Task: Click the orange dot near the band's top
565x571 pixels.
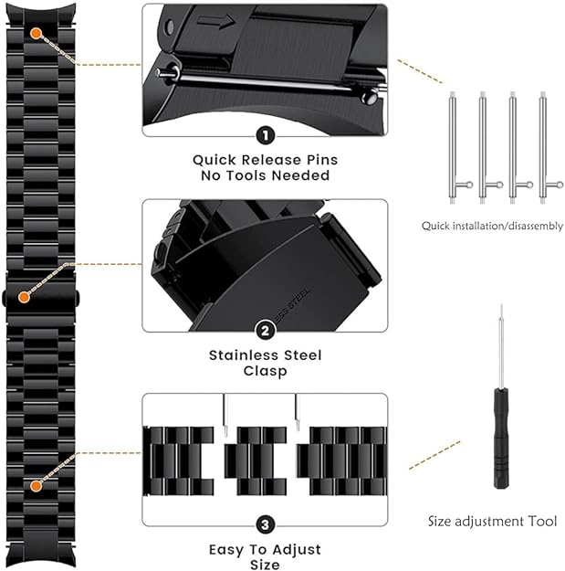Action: click(36, 34)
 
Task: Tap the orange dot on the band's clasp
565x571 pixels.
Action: click(24, 297)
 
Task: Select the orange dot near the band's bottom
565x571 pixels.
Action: click(36, 486)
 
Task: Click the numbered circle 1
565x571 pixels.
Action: click(266, 136)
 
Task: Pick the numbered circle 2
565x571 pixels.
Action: click(266, 331)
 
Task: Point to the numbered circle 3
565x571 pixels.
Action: click(266, 524)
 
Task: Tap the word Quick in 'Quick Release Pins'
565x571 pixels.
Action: click(214, 160)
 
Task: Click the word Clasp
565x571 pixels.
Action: click(266, 371)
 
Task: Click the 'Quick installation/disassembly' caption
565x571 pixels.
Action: click(492, 227)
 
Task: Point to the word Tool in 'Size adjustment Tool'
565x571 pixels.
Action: click(542, 521)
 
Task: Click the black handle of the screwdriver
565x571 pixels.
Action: click(501, 439)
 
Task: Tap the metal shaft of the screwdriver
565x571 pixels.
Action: click(501, 346)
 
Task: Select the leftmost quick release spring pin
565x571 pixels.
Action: click(453, 147)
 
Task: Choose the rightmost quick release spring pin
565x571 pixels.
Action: click(543, 147)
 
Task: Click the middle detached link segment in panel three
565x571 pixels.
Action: click(256, 460)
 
